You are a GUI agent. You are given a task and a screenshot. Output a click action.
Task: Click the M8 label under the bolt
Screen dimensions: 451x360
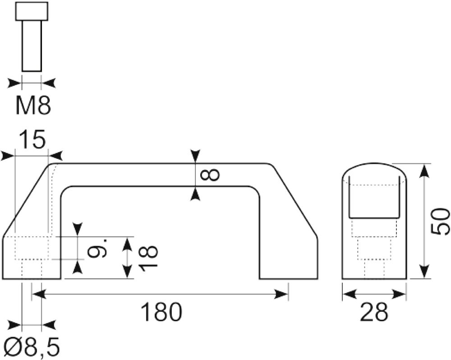click(x=33, y=106)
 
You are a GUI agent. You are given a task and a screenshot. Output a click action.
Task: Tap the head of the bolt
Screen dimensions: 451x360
click(x=32, y=11)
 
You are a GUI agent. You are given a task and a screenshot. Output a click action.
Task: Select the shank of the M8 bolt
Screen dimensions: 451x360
click(x=32, y=46)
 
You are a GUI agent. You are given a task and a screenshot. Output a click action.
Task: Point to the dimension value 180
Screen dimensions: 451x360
click(x=161, y=312)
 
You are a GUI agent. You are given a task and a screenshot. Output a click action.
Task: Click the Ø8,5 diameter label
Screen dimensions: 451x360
click(x=32, y=347)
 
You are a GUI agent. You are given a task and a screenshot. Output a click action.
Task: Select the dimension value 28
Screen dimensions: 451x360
click(x=374, y=312)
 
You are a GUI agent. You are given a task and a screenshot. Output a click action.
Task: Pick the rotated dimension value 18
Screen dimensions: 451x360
click(x=148, y=256)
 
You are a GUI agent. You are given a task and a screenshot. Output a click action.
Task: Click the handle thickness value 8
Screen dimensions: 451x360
click(x=210, y=175)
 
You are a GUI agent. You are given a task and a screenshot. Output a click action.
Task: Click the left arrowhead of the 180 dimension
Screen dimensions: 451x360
click(x=38, y=295)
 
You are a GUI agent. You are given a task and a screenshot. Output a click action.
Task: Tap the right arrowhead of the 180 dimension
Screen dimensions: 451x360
click(x=281, y=295)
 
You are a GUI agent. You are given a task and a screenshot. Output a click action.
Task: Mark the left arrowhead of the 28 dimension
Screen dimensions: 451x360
click(x=349, y=295)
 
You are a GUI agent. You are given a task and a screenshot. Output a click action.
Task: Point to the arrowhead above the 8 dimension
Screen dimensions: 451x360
click(x=195, y=157)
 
